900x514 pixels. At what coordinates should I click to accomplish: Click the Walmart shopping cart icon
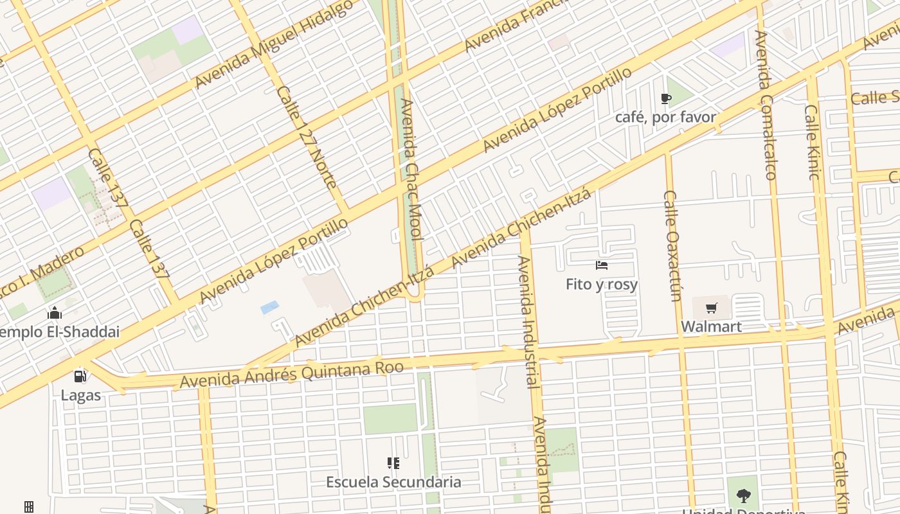[x=711, y=309]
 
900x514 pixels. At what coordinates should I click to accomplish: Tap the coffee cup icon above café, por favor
[x=665, y=99]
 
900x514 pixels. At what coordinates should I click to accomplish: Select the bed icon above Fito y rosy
[x=602, y=265]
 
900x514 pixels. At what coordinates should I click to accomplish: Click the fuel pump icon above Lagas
[x=80, y=377]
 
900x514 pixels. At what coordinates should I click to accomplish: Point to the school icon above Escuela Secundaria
[x=393, y=463]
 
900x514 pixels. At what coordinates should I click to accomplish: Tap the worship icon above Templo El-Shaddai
[x=55, y=313]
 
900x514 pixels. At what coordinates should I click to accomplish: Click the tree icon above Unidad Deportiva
[x=744, y=496]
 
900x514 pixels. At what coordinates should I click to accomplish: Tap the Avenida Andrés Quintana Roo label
[x=292, y=375]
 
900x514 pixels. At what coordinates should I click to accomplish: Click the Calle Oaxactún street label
[x=672, y=245]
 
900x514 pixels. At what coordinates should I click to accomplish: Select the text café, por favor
[x=665, y=117]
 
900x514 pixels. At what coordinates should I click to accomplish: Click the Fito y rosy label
[x=602, y=284]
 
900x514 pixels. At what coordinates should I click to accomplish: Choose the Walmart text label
[x=711, y=326]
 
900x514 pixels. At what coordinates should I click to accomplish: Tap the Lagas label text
[x=81, y=394]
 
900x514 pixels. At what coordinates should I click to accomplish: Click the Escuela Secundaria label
[x=393, y=482]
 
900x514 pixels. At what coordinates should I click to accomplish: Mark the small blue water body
[x=270, y=307]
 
